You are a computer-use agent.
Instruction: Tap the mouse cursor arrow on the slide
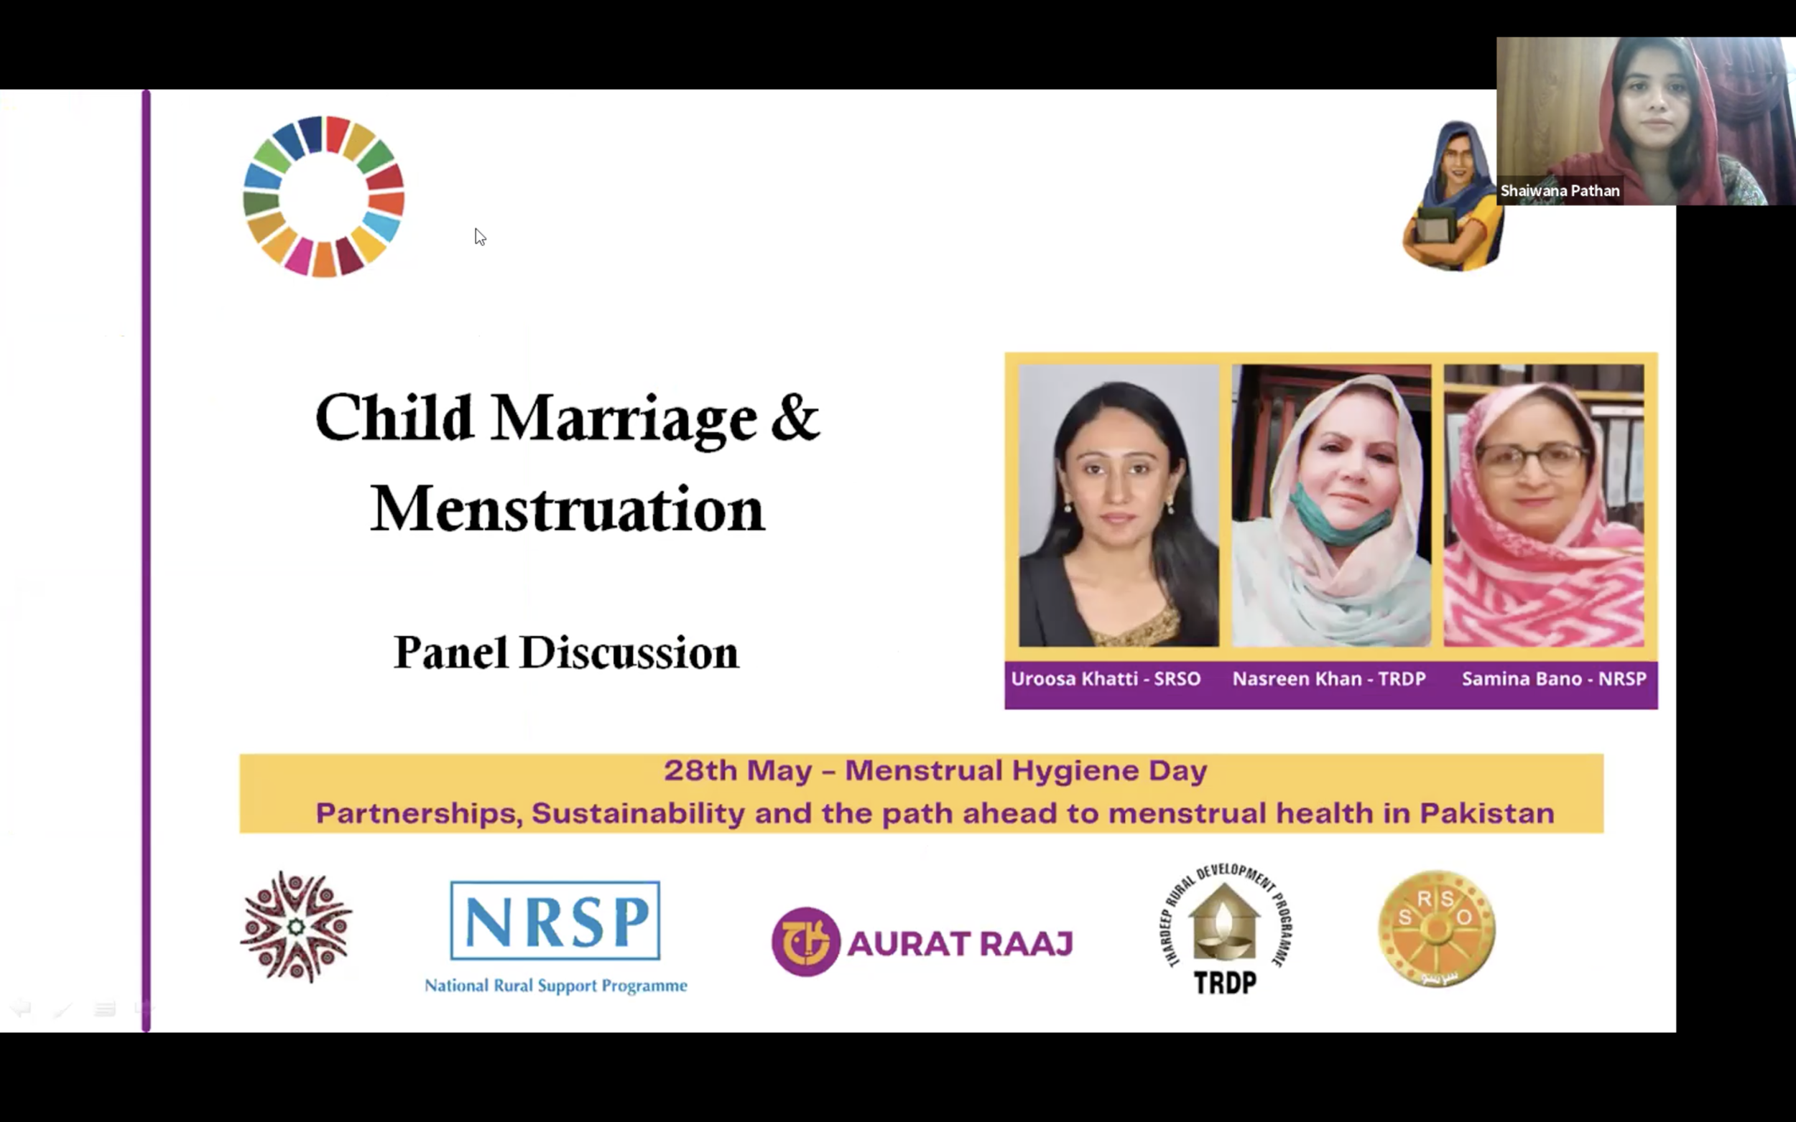tap(480, 237)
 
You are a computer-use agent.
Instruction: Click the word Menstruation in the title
tap(568, 509)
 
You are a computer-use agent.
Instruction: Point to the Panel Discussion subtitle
tap(566, 653)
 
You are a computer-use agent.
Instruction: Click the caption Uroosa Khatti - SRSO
tap(1106, 679)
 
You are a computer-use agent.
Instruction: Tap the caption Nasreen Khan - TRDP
tap(1329, 679)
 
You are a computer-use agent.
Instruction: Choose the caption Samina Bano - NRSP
tap(1554, 679)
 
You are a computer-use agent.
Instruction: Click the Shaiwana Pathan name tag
tap(1560, 191)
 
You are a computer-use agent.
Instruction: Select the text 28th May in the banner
tap(738, 771)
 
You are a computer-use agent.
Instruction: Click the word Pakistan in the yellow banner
tap(1487, 813)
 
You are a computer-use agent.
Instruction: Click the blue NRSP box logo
tap(555, 921)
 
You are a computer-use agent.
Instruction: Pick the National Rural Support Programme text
tap(556, 986)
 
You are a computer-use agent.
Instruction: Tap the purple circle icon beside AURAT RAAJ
tap(805, 942)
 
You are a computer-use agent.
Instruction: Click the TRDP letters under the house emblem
tap(1225, 983)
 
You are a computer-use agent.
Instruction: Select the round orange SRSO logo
tap(1437, 928)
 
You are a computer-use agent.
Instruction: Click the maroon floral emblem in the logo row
tap(296, 927)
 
